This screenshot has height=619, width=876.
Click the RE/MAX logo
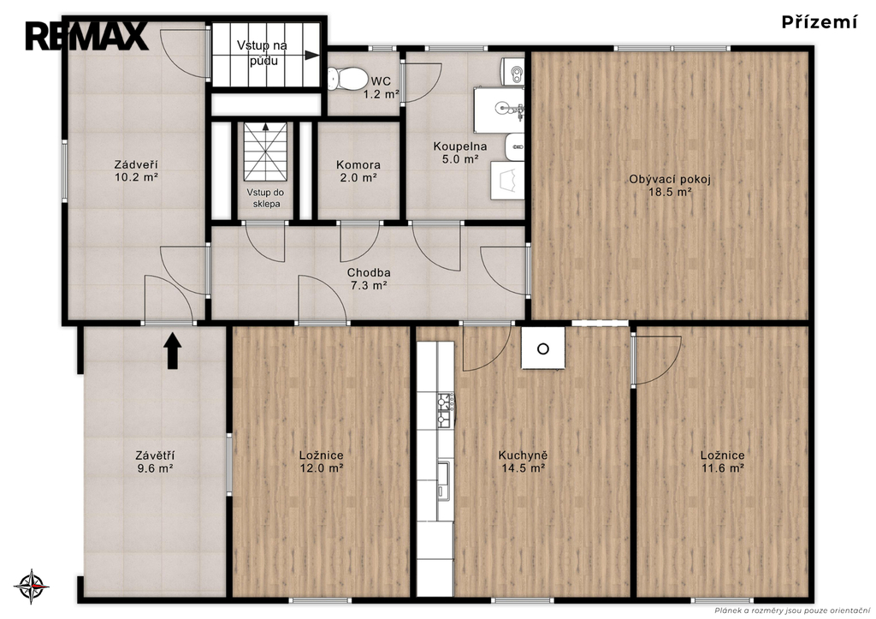(x=86, y=36)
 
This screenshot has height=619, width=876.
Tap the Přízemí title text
(x=819, y=22)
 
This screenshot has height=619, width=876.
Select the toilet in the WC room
(x=346, y=79)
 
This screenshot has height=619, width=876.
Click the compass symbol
(x=32, y=587)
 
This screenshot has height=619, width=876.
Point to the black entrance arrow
(x=173, y=351)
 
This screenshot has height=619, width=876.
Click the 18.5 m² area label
(x=669, y=193)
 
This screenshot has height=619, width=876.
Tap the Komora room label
(x=358, y=165)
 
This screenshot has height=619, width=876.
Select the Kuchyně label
(x=523, y=455)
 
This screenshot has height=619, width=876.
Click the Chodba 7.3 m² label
(x=369, y=279)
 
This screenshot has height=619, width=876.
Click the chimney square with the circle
(x=543, y=348)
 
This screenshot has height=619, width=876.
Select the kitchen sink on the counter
(x=444, y=481)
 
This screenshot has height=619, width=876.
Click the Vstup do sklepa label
(x=266, y=198)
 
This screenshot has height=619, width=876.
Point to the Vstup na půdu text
(x=262, y=52)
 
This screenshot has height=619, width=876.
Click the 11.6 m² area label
(x=722, y=468)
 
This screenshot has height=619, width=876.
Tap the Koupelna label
(x=460, y=146)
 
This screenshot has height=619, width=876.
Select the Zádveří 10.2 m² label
(x=136, y=171)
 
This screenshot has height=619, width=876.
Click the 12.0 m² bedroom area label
(x=322, y=468)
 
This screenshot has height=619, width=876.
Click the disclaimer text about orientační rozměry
(x=792, y=610)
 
